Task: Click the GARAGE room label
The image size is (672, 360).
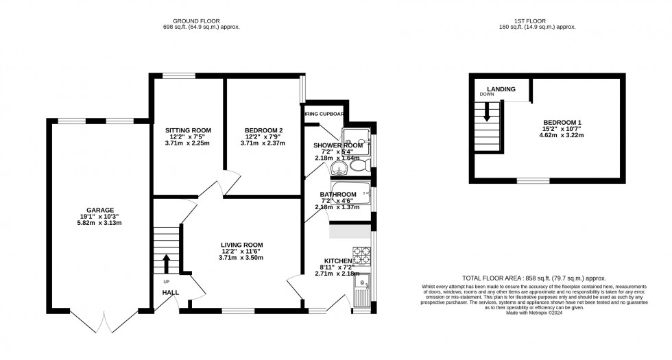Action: pyautogui.click(x=100, y=210)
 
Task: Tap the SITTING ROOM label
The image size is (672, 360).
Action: pyautogui.click(x=188, y=130)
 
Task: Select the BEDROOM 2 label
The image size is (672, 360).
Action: pyautogui.click(x=264, y=130)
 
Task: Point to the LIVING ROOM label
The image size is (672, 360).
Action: pyautogui.click(x=241, y=245)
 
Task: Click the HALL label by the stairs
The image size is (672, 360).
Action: pyautogui.click(x=170, y=293)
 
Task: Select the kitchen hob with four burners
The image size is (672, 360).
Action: pyautogui.click(x=361, y=255)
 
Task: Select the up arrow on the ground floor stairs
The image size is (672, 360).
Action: pyautogui.click(x=166, y=263)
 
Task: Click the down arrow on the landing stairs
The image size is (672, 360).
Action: pyautogui.click(x=487, y=112)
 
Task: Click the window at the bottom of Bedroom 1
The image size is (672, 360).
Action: pyautogui.click(x=528, y=181)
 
